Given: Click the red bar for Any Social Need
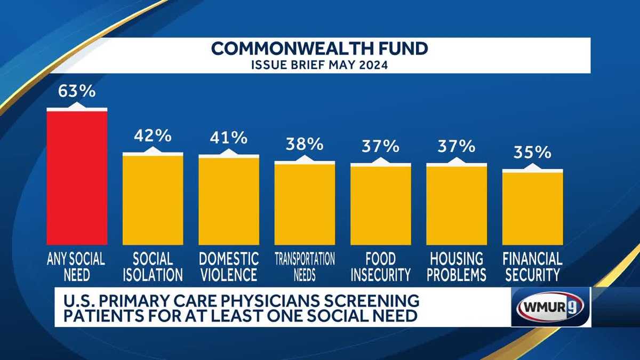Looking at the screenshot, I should pyautogui.click(x=77, y=176).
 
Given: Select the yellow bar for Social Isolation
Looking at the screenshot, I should pyautogui.click(x=153, y=199).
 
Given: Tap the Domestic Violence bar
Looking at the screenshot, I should pyautogui.click(x=229, y=201).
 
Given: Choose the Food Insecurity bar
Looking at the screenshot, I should pyautogui.click(x=380, y=205).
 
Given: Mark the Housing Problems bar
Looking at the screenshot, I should pyautogui.click(x=456, y=205).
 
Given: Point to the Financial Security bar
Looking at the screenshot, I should pyautogui.click(x=532, y=208).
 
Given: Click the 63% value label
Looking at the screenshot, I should pyautogui.click(x=77, y=91).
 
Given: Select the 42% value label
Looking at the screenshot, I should pyautogui.click(x=153, y=136).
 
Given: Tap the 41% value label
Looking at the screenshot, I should pyautogui.click(x=229, y=138).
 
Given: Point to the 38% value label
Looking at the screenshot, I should pyautogui.click(x=305, y=144).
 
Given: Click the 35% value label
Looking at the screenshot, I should pyautogui.click(x=532, y=153).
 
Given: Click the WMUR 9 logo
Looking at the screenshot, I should pyautogui.click(x=550, y=306).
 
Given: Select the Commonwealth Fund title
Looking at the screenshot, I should pyautogui.click(x=320, y=49).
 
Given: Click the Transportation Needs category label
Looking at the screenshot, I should pyautogui.click(x=305, y=267).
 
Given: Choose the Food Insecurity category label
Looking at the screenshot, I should pyautogui.click(x=380, y=267).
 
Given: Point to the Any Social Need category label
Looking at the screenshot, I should pyautogui.click(x=77, y=267).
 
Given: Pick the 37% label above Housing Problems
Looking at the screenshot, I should pyautogui.click(x=456, y=146).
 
